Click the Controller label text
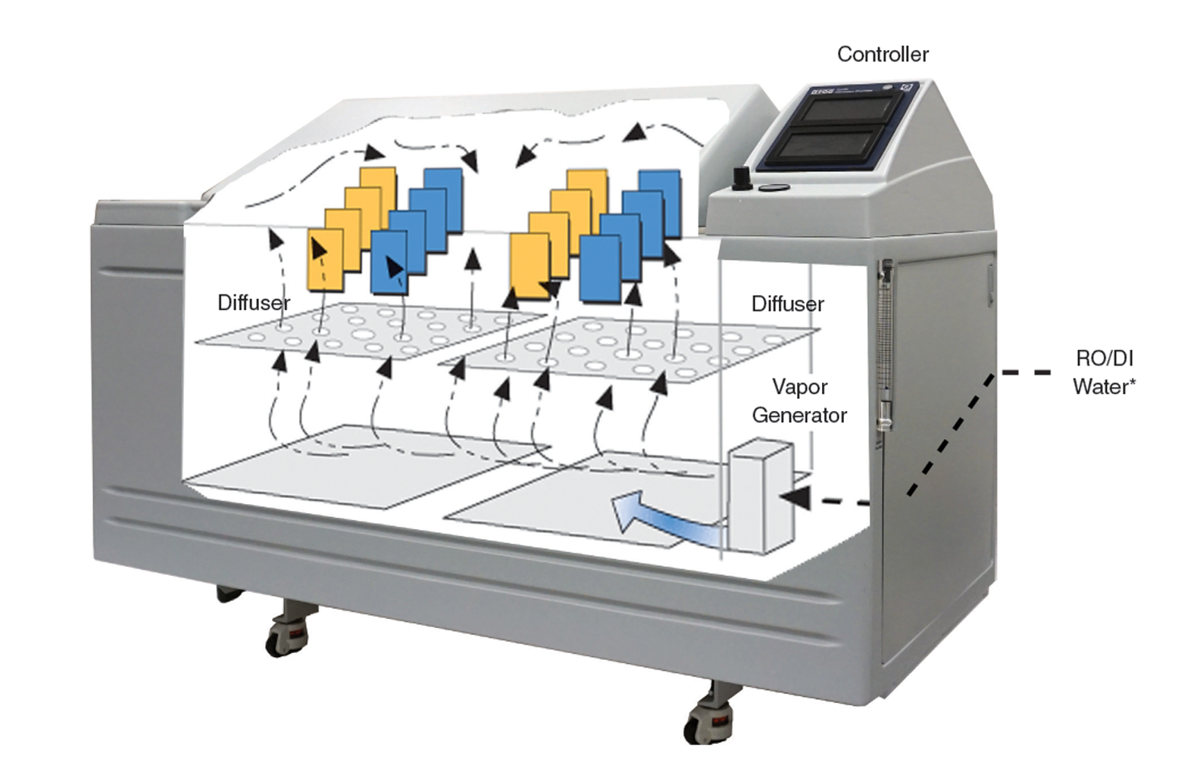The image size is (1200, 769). tap(883, 54)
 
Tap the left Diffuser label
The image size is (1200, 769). tap(254, 303)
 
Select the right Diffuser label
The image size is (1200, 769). tap(787, 304)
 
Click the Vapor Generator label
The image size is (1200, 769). tap(799, 401)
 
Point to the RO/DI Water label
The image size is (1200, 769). tap(1104, 372)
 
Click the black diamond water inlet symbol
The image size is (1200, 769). tap(1027, 371)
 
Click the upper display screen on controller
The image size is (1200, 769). tap(845, 111)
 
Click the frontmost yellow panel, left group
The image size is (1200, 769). tap(325, 261)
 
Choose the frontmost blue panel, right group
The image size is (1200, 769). tap(599, 269)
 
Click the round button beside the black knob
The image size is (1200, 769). tap(772, 187)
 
